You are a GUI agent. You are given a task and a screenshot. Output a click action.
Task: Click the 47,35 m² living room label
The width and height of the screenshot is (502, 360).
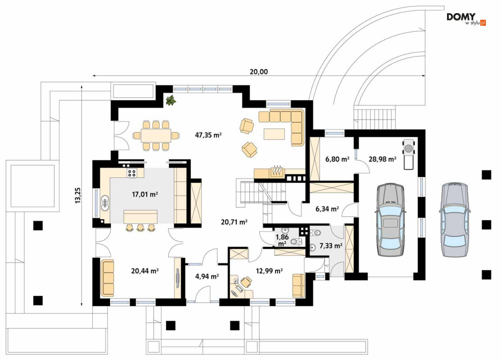point(208,135)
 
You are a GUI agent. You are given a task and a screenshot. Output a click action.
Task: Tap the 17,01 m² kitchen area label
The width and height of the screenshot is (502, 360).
point(145,194)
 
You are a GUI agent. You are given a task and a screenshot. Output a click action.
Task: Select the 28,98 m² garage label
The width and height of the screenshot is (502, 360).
point(382,159)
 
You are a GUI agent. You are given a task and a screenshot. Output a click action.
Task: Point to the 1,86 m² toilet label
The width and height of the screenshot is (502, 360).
point(282,241)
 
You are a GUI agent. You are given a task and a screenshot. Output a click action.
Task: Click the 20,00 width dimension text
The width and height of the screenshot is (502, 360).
point(259,72)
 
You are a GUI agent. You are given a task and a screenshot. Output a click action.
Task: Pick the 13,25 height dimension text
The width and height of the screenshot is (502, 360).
point(78,195)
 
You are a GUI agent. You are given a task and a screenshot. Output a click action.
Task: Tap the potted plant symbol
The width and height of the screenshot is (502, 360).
point(171,100)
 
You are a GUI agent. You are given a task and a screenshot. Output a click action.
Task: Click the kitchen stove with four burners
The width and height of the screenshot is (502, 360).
point(132,173)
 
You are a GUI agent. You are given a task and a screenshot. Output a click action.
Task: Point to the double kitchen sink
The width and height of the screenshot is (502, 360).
point(105,203)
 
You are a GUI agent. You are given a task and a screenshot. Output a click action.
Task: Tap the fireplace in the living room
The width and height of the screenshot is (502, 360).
point(276,171)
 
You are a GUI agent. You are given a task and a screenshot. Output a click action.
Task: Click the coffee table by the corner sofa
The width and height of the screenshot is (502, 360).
point(274,134)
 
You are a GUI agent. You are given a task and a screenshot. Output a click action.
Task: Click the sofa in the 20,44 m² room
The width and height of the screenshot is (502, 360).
point(107,278)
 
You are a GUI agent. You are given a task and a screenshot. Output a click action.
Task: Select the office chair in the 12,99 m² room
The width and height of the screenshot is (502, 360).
point(246,282)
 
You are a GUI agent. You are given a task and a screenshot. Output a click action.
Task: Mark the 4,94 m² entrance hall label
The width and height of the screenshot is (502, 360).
point(207,276)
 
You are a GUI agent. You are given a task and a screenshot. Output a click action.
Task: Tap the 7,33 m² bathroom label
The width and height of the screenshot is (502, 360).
point(331,246)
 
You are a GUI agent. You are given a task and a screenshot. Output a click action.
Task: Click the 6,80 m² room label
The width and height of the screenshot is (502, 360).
point(337,159)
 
